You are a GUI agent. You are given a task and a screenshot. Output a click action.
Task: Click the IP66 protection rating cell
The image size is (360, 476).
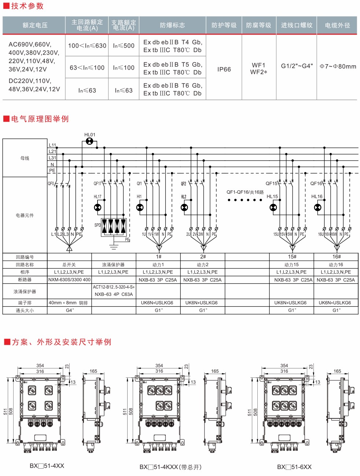pyautogui.click(x=224, y=69)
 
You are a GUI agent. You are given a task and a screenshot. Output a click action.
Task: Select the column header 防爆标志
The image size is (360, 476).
pyautogui.click(x=172, y=25)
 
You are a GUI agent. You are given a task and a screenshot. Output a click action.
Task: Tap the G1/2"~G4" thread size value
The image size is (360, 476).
pyautogui.click(x=297, y=66)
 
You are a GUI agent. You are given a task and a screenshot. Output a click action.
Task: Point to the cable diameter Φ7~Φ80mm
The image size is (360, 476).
pyautogui.click(x=338, y=66)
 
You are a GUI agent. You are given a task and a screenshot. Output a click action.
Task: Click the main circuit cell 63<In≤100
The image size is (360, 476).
pyautogui.click(x=87, y=68)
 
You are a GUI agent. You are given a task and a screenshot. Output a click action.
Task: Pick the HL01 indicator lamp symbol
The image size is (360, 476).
pyautogui.click(x=89, y=141)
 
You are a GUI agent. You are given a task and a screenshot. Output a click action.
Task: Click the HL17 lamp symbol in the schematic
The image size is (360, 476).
pyautogui.click(x=98, y=208)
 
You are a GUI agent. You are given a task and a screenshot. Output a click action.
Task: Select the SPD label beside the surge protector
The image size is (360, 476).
pyautogui.click(x=98, y=225)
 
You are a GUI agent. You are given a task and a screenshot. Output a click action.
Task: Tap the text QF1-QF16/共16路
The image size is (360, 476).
pyautogui.click(x=245, y=192)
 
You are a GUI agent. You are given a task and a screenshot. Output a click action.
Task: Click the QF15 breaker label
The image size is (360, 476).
pyautogui.click(x=272, y=183)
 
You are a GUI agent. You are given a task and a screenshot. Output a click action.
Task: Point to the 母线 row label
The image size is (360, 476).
pyautogui.click(x=25, y=158)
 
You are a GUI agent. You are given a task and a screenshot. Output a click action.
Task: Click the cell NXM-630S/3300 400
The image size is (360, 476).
pyautogui.click(x=69, y=280)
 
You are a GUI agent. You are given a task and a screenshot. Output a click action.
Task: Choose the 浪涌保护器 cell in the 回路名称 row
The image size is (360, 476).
pyautogui.click(x=113, y=265)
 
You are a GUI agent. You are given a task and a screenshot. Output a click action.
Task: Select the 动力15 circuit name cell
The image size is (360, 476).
pyautogui.click(x=291, y=265)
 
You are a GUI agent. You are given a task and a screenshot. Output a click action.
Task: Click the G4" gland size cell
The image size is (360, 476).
pyautogui.click(x=70, y=310)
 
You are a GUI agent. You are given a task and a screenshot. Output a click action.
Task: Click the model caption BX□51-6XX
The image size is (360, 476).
pyautogui.click(x=294, y=467)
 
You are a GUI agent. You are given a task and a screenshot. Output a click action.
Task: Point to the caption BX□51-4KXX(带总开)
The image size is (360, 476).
pyautogui.click(x=170, y=467)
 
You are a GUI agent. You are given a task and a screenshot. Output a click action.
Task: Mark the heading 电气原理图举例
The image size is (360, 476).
pyautogui.click(x=40, y=119)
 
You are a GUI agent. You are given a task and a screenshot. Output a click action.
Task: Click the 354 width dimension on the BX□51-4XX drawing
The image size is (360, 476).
pyautogui.click(x=40, y=366)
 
